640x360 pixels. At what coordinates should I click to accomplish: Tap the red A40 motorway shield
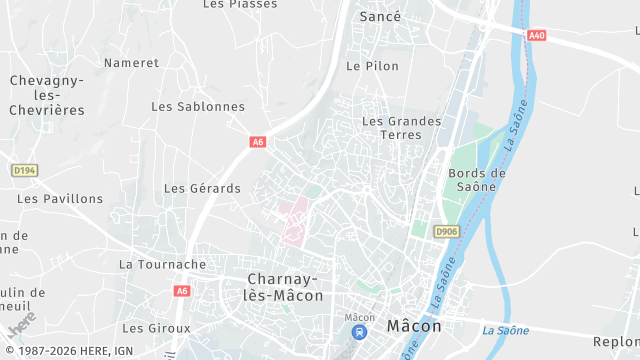click(537, 36)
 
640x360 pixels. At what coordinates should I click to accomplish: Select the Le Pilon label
click(372, 66)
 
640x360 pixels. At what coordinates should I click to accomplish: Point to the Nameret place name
click(131, 62)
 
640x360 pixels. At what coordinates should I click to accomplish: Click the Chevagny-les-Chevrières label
click(47, 95)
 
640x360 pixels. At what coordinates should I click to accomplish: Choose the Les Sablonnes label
click(198, 106)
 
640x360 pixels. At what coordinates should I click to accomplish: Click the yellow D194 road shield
click(24, 171)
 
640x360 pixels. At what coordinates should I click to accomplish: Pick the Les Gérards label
click(202, 188)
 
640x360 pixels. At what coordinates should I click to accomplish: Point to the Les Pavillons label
click(60, 198)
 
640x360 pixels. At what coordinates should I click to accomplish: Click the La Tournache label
click(162, 265)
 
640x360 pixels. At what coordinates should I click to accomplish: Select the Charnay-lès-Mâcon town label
click(285, 287)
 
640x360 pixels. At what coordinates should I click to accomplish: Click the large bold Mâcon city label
click(413, 325)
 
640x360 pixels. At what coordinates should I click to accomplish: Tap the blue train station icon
click(359, 333)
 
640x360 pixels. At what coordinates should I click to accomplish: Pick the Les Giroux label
click(156, 328)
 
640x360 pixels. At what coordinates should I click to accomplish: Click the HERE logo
click(22, 326)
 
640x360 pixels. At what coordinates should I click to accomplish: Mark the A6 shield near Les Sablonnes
click(258, 142)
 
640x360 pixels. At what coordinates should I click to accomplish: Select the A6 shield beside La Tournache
click(181, 291)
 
